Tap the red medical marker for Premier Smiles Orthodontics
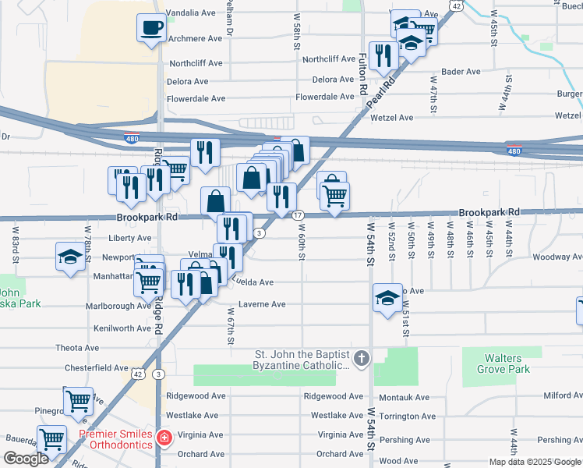point(164,439)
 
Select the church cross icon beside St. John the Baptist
point(360,359)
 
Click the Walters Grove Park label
point(503,363)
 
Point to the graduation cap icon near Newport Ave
point(70,257)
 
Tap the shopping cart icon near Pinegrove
point(78,401)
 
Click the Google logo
point(25,459)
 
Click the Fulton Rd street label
point(362,74)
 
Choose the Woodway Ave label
point(554,257)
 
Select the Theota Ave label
point(76,348)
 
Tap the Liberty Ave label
point(130,238)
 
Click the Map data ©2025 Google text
point(534,462)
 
